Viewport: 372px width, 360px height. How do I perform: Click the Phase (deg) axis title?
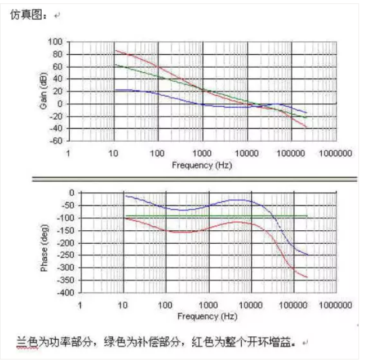point(44,248)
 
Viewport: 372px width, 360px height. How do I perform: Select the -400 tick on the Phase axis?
point(66,293)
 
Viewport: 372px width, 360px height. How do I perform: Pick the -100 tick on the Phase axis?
point(66,218)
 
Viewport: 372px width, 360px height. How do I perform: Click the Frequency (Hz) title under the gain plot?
point(201,165)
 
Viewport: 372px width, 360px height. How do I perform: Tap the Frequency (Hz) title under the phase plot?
point(209,316)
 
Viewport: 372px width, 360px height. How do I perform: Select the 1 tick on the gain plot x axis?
point(69,153)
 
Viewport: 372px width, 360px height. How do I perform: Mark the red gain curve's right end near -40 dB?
point(307,128)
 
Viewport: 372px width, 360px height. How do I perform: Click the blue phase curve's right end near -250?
point(308,255)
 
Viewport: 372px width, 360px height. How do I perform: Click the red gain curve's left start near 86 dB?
point(116,50)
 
